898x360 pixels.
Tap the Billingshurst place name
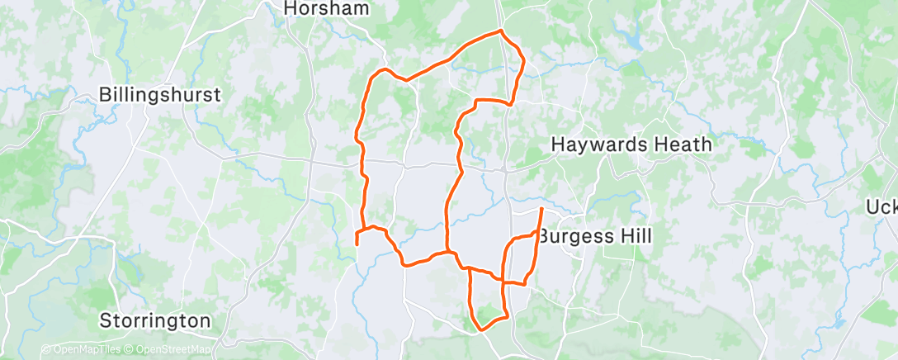point(159,95)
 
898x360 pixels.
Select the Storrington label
point(155,320)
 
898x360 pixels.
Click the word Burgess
point(574,237)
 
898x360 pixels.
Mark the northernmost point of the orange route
point(500,31)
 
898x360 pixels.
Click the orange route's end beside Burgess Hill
point(541,210)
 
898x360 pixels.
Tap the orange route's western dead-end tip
point(356,244)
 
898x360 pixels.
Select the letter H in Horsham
point(290,8)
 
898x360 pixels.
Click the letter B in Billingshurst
point(105,95)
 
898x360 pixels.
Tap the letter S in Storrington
point(105,320)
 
